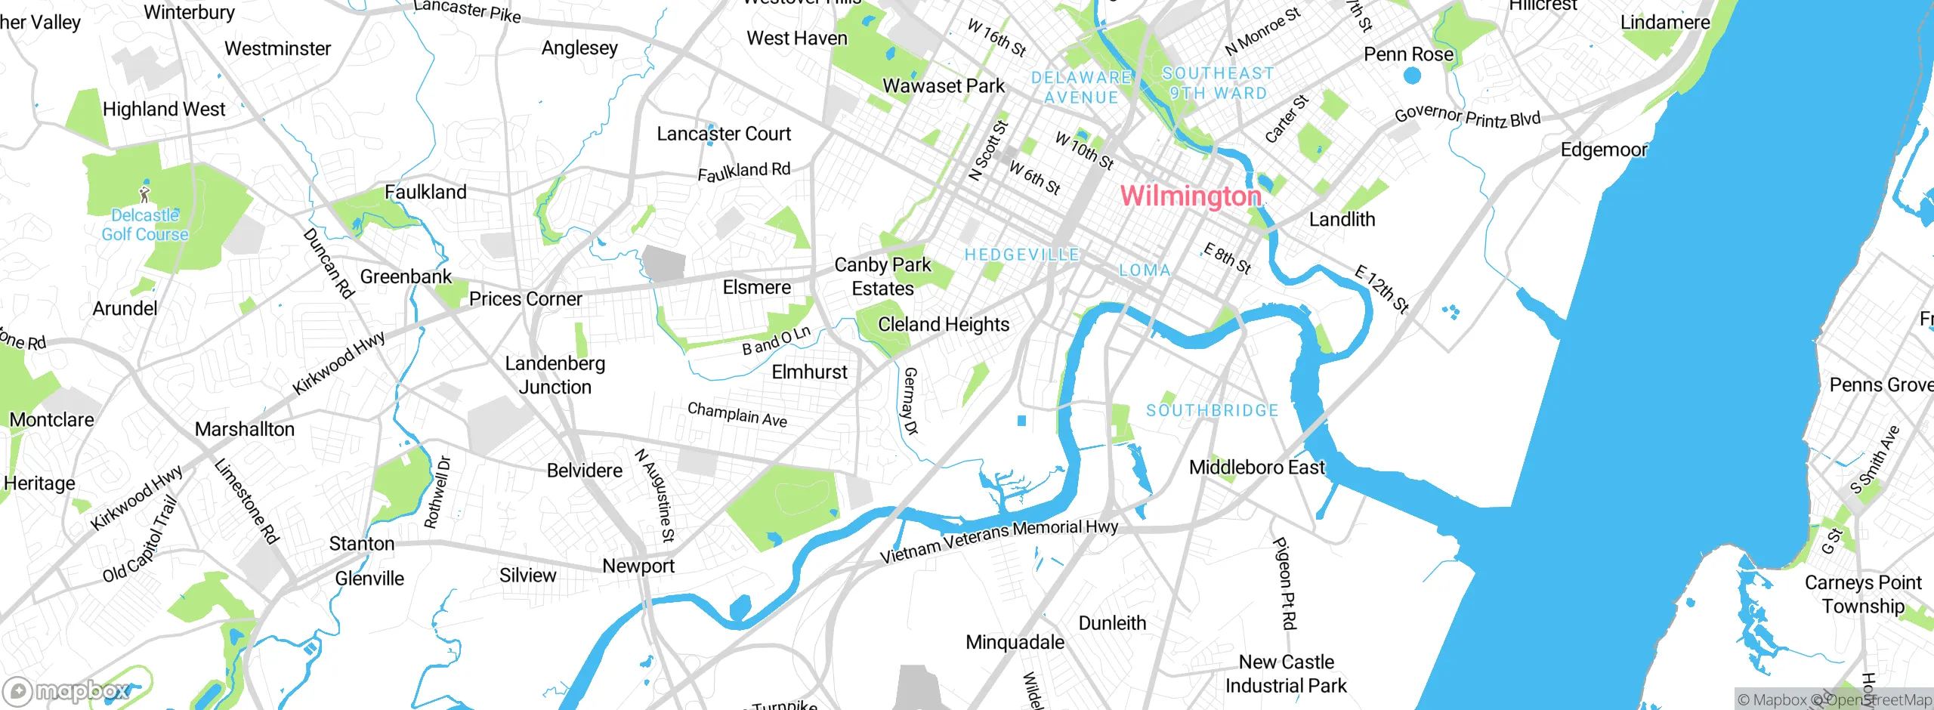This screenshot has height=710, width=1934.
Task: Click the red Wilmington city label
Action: [1191, 196]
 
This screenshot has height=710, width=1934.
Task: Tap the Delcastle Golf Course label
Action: [145, 225]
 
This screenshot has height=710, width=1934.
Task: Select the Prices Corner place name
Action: [525, 299]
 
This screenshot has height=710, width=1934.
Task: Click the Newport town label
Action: [638, 566]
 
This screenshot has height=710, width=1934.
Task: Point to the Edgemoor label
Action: [1603, 150]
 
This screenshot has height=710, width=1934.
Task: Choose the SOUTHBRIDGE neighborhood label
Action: [1212, 411]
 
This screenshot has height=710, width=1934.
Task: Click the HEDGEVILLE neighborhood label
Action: [1021, 255]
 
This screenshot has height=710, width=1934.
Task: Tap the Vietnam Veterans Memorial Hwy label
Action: [999, 541]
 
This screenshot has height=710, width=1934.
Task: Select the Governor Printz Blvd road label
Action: [1466, 116]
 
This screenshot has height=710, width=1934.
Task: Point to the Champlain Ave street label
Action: [737, 414]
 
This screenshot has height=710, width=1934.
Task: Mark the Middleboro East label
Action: [1256, 468]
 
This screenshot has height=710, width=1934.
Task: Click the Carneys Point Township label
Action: [1862, 594]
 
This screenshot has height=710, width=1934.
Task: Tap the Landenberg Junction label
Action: [555, 375]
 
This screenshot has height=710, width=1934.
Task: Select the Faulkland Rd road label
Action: [743, 171]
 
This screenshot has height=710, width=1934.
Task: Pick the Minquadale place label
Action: [1015, 643]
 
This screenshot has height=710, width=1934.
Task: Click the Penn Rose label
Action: [1408, 54]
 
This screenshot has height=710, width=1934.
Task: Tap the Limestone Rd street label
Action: [246, 502]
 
